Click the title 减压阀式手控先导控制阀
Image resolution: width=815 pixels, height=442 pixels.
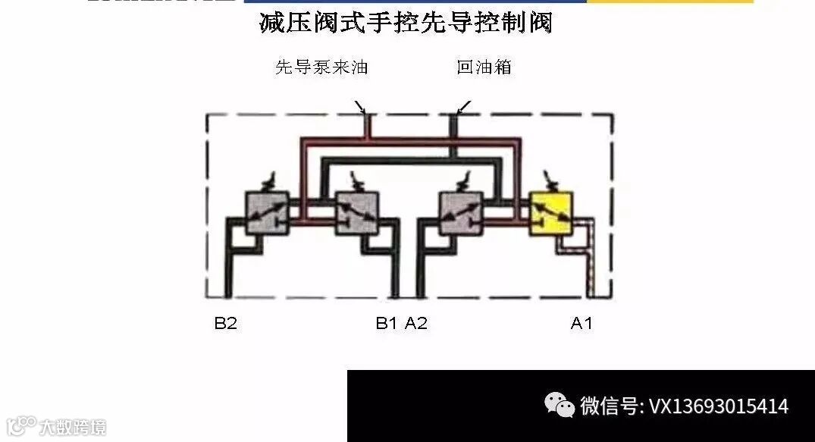tap(406, 23)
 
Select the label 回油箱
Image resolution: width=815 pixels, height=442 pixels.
tap(484, 67)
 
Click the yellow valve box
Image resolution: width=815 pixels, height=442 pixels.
tap(552, 212)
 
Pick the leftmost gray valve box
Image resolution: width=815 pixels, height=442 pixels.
tap(268, 212)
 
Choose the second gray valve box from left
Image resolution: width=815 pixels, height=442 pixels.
tap(356, 212)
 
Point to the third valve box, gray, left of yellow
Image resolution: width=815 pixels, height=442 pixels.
tap(462, 212)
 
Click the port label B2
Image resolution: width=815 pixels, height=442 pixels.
tap(225, 324)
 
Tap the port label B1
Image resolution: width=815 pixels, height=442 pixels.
tap(386, 324)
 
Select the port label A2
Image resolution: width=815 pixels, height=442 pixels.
tap(416, 324)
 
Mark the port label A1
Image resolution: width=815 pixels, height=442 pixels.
tap(581, 324)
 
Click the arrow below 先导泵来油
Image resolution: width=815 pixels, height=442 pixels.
tap(360, 107)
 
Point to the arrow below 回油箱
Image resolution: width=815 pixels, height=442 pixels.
tap(463, 107)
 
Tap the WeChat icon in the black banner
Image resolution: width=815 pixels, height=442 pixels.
tap(560, 406)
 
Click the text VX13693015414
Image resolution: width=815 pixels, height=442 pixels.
tap(719, 407)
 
